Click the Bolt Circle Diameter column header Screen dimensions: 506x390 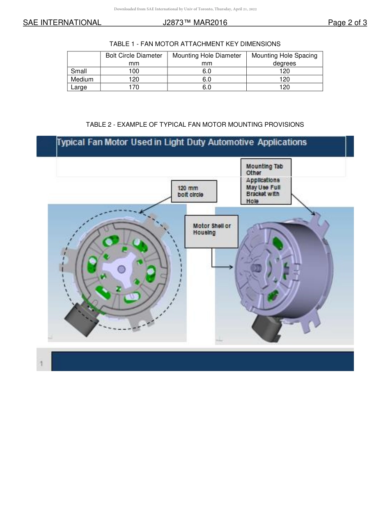point(134,59)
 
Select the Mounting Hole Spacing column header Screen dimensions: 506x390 point(284,59)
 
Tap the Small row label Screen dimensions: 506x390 point(79,71)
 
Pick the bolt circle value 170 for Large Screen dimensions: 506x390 point(134,87)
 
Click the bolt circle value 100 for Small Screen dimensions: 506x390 point(134,71)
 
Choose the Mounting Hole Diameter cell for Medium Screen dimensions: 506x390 point(206,79)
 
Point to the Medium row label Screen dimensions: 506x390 point(82,79)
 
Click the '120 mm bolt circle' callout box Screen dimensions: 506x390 point(194,191)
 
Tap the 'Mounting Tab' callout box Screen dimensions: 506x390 point(266,182)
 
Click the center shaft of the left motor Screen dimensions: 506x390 point(122,269)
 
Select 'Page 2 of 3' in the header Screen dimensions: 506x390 point(347,23)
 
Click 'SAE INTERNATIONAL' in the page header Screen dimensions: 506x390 point(62,23)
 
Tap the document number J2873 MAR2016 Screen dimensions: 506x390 point(195,23)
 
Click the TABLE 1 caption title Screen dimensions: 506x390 point(195,44)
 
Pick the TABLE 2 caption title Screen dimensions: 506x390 point(195,124)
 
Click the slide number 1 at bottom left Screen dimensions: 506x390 point(41,364)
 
